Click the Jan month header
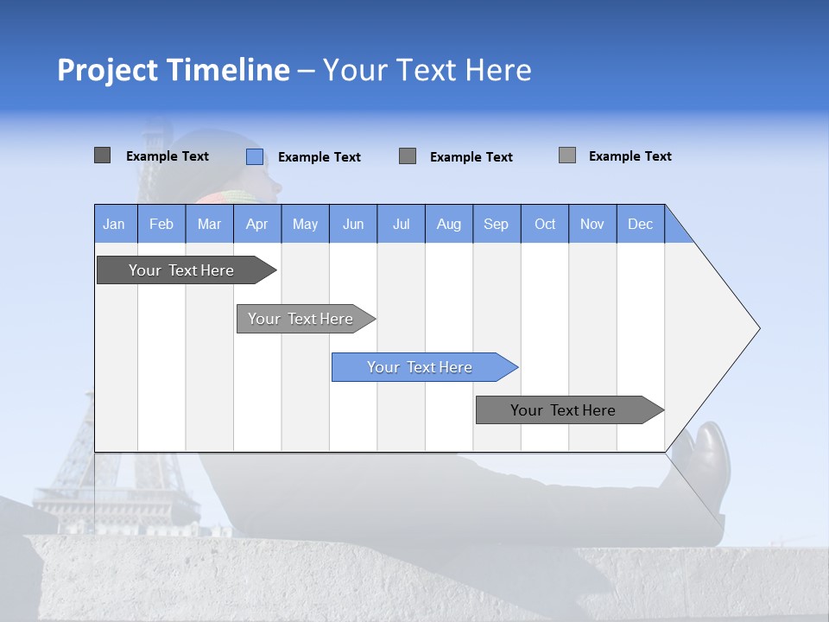(x=115, y=224)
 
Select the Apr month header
(x=256, y=224)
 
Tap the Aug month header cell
(x=448, y=224)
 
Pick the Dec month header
(x=640, y=224)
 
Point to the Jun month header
(x=352, y=224)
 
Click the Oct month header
(x=544, y=224)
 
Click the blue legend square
(x=254, y=156)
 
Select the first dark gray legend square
(x=102, y=155)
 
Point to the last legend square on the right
(x=566, y=155)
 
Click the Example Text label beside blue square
(x=319, y=157)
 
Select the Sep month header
(x=496, y=224)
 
